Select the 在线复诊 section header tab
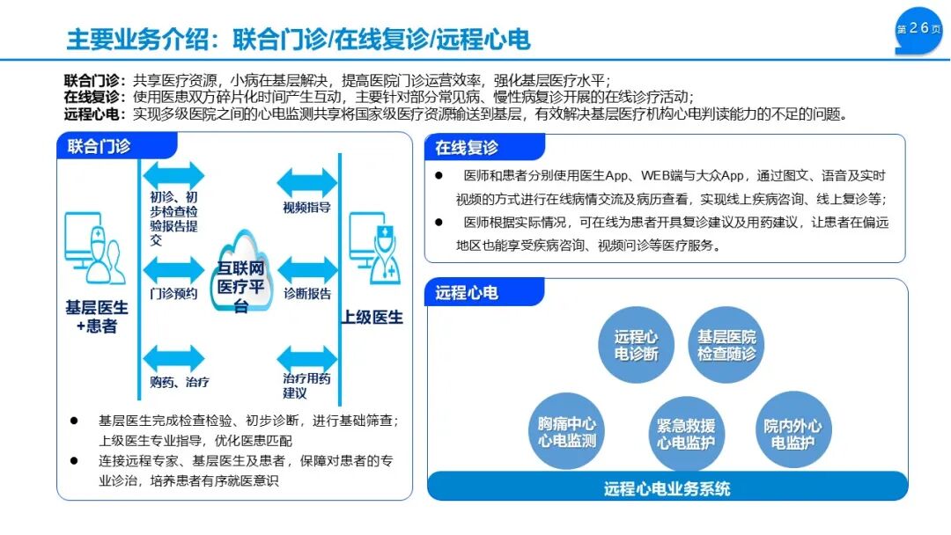[x=467, y=148]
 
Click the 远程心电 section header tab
[x=467, y=292]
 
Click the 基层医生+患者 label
[x=96, y=317]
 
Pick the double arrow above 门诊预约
[x=173, y=269]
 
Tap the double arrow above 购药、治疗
[x=173, y=358]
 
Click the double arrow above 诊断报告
[x=307, y=270]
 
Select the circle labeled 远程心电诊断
[x=637, y=345]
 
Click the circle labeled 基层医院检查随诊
[x=726, y=345]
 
